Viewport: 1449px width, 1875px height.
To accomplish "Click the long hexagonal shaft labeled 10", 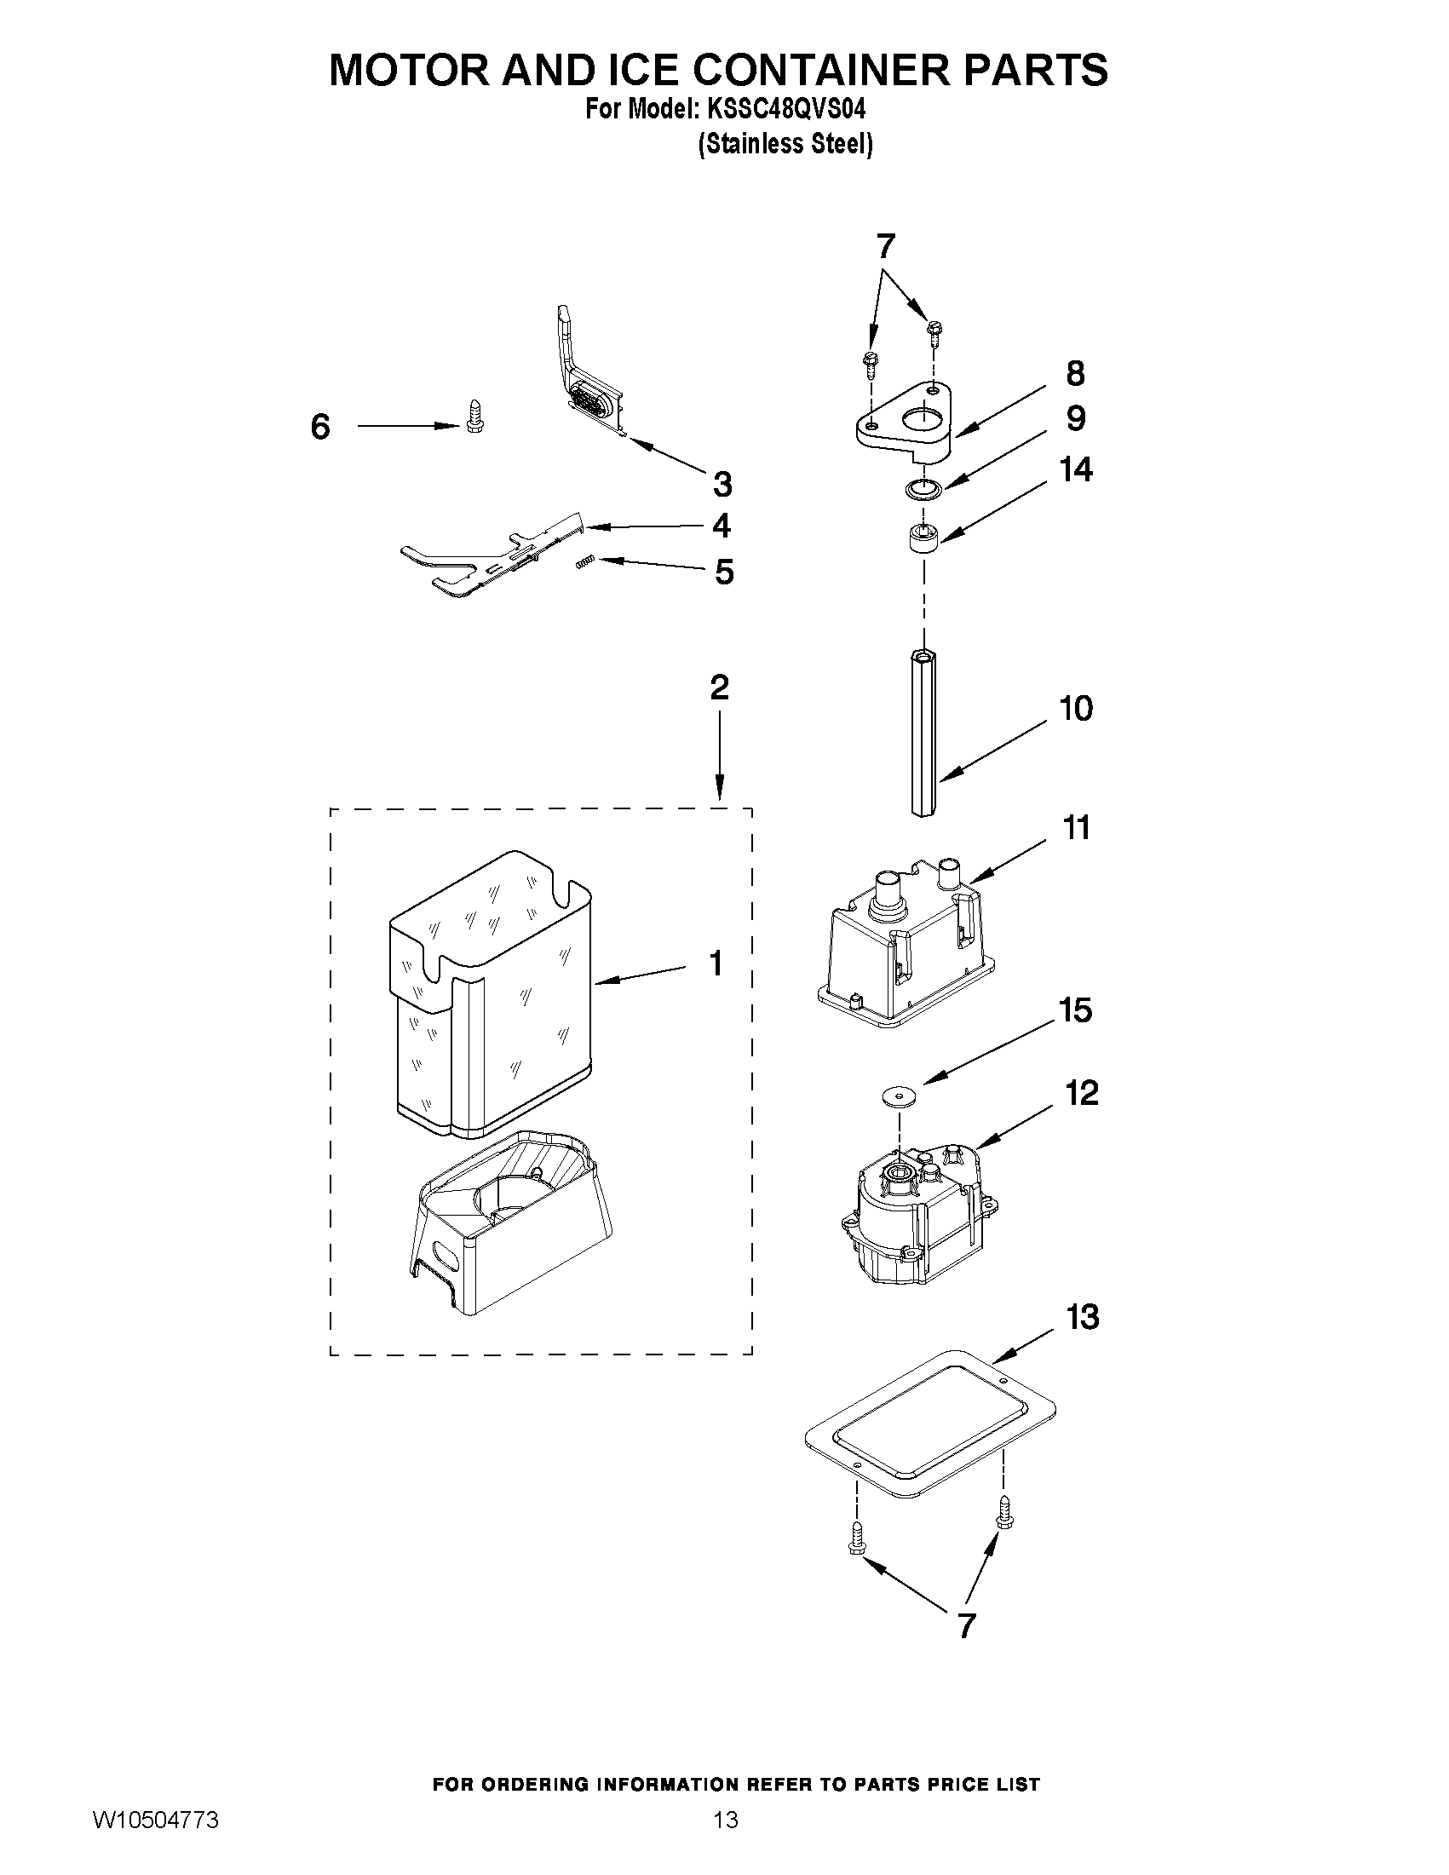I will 923,735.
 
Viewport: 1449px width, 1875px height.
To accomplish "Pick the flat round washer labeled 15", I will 898,1096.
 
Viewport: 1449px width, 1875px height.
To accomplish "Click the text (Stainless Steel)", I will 785,143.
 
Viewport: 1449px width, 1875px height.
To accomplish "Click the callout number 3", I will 722,484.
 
